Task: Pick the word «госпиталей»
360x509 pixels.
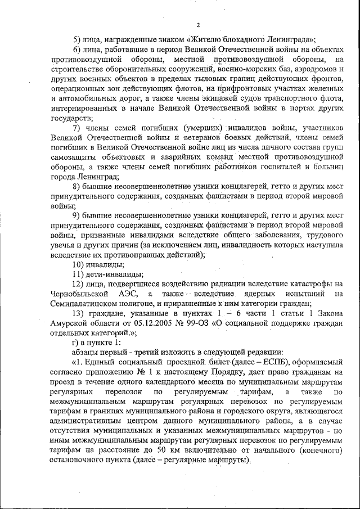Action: (x=260, y=168)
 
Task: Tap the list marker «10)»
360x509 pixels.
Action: (x=81, y=264)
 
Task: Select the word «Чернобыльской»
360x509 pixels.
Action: (x=79, y=294)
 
